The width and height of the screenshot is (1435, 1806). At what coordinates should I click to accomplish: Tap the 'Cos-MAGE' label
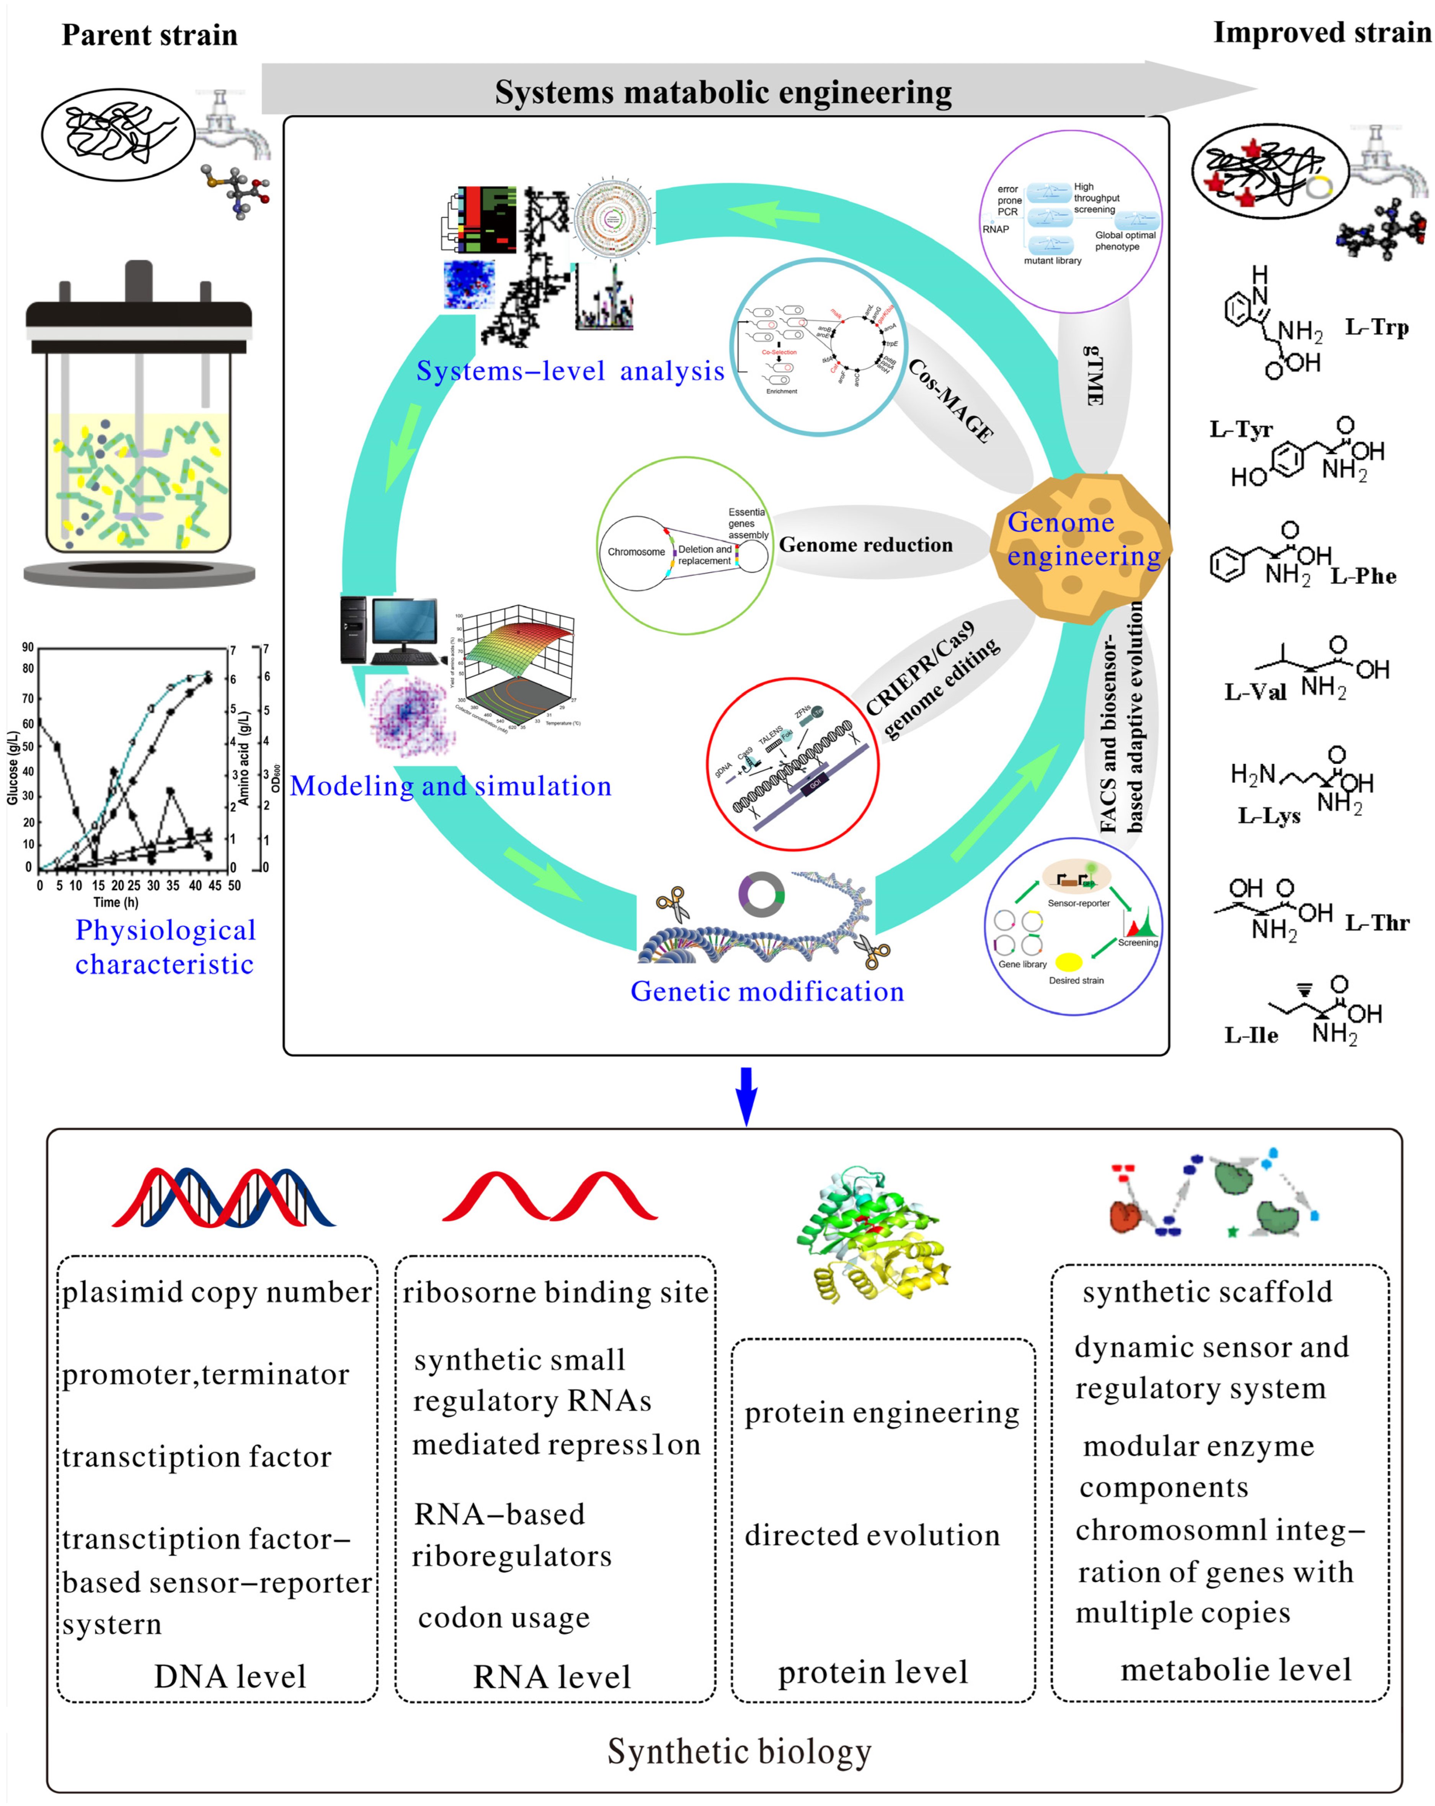(951, 400)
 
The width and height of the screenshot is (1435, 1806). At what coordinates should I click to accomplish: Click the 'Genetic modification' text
(767, 991)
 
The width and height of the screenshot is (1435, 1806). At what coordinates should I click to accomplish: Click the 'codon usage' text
(503, 1617)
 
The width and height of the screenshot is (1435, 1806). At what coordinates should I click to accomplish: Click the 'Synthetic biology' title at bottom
(739, 1752)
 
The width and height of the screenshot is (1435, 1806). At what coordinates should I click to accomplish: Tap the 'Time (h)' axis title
(116, 902)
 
